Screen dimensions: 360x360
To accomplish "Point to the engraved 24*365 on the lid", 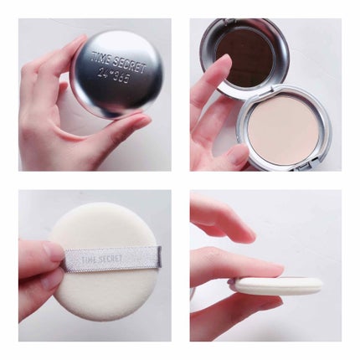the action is click(114, 75).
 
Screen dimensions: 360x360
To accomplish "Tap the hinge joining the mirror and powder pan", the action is click(272, 89).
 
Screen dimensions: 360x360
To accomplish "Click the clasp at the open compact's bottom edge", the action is click(304, 167).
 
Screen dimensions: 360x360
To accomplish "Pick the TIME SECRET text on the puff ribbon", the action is click(101, 259).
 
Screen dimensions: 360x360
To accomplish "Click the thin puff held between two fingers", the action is click(276, 285).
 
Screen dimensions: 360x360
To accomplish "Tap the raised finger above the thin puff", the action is click(223, 218).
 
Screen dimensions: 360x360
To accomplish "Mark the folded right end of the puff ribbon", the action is click(159, 256).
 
